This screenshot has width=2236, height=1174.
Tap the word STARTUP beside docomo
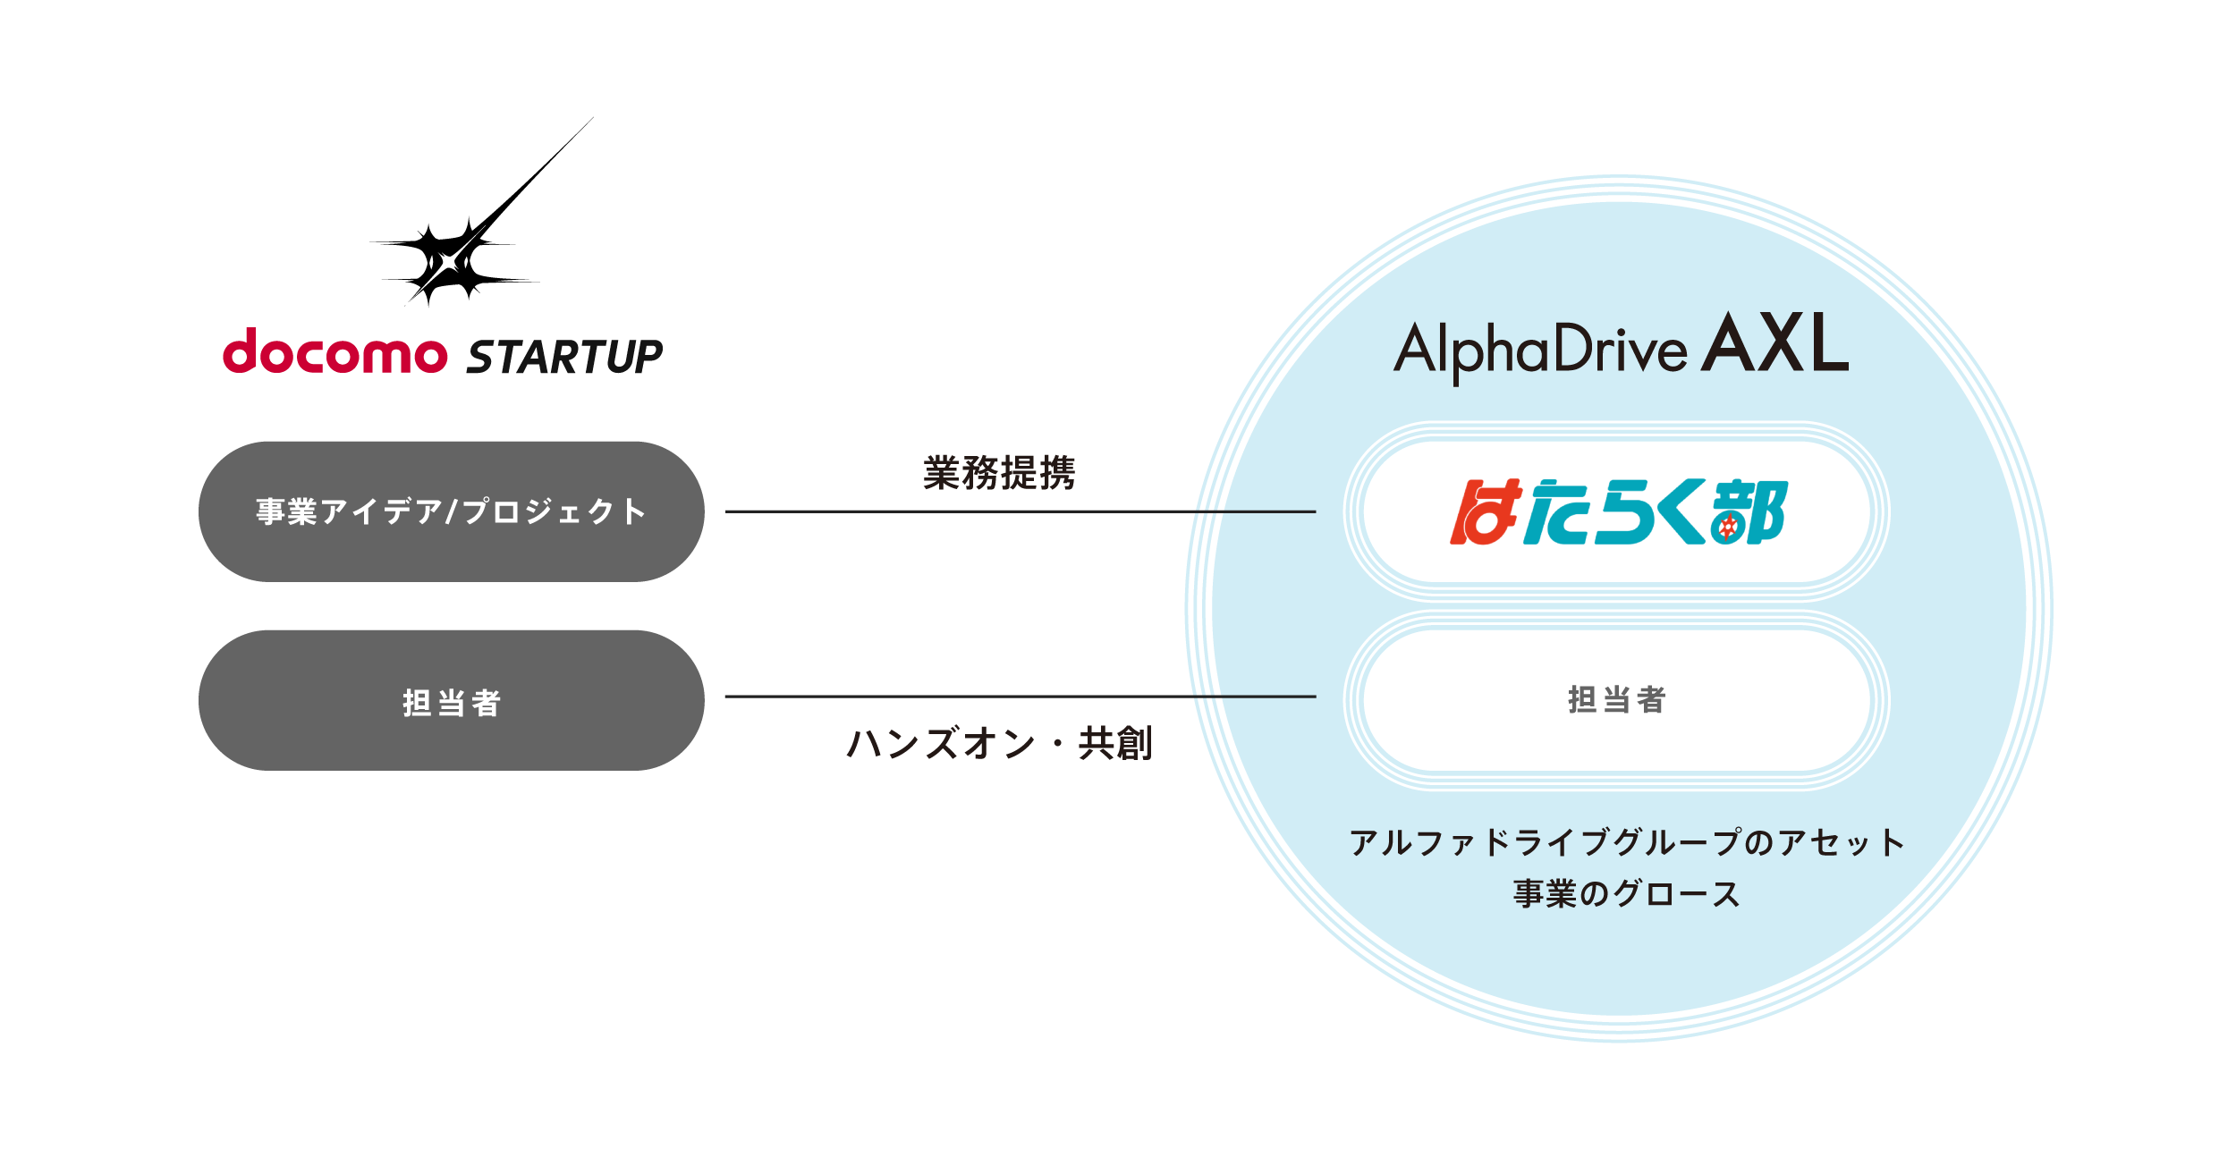point(564,357)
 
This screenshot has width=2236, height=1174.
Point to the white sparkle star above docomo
point(449,262)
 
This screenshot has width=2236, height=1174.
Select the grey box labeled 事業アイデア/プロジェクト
point(451,511)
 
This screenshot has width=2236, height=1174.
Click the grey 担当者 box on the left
point(451,701)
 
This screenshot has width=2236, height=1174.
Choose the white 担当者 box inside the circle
point(1616,700)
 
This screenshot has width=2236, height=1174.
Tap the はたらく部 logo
point(1617,511)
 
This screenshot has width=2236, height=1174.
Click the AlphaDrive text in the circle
point(1539,351)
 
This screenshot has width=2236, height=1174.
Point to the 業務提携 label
point(998,473)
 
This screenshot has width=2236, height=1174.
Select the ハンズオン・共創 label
point(998,743)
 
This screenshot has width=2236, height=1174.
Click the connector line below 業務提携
point(1020,511)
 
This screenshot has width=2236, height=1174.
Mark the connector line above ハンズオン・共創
point(1020,697)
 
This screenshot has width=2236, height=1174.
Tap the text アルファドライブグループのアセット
point(1626,842)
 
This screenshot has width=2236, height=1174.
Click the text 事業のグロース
point(1626,894)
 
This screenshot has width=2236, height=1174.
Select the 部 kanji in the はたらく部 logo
point(1749,511)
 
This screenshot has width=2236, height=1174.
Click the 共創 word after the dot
point(1114,743)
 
